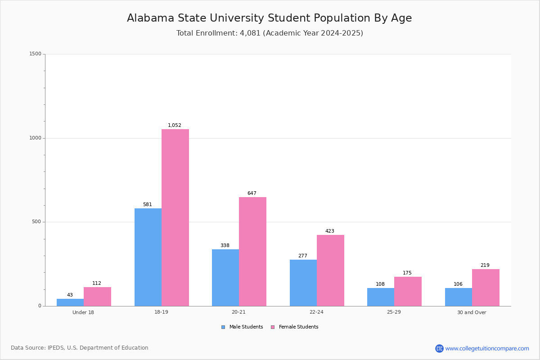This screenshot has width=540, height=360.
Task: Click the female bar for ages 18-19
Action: [175, 217]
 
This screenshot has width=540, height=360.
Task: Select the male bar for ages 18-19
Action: [148, 257]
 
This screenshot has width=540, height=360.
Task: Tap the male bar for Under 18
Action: [70, 302]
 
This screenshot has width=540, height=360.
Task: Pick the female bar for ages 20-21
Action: [252, 252]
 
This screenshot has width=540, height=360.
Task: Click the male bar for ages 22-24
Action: [303, 283]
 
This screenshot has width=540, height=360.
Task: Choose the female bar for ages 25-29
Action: [408, 291]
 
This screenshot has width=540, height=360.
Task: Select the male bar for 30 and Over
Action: [459, 297]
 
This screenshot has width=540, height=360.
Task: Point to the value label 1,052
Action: [175, 126]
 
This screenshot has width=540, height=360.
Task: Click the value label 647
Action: [252, 193]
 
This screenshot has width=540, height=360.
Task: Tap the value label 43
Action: [70, 295]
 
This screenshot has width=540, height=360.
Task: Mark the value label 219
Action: [485, 265]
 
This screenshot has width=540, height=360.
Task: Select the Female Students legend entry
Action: [295, 327]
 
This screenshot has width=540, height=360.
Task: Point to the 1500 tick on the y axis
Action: [36, 54]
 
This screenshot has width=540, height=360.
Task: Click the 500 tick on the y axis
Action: [37, 222]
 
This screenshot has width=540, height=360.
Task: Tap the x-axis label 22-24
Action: [316, 312]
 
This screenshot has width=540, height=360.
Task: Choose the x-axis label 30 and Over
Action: [472, 312]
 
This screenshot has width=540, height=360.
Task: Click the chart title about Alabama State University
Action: [269, 18]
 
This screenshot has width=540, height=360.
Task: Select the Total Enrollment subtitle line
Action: [270, 33]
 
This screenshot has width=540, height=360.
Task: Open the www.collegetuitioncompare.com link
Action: [487, 348]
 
